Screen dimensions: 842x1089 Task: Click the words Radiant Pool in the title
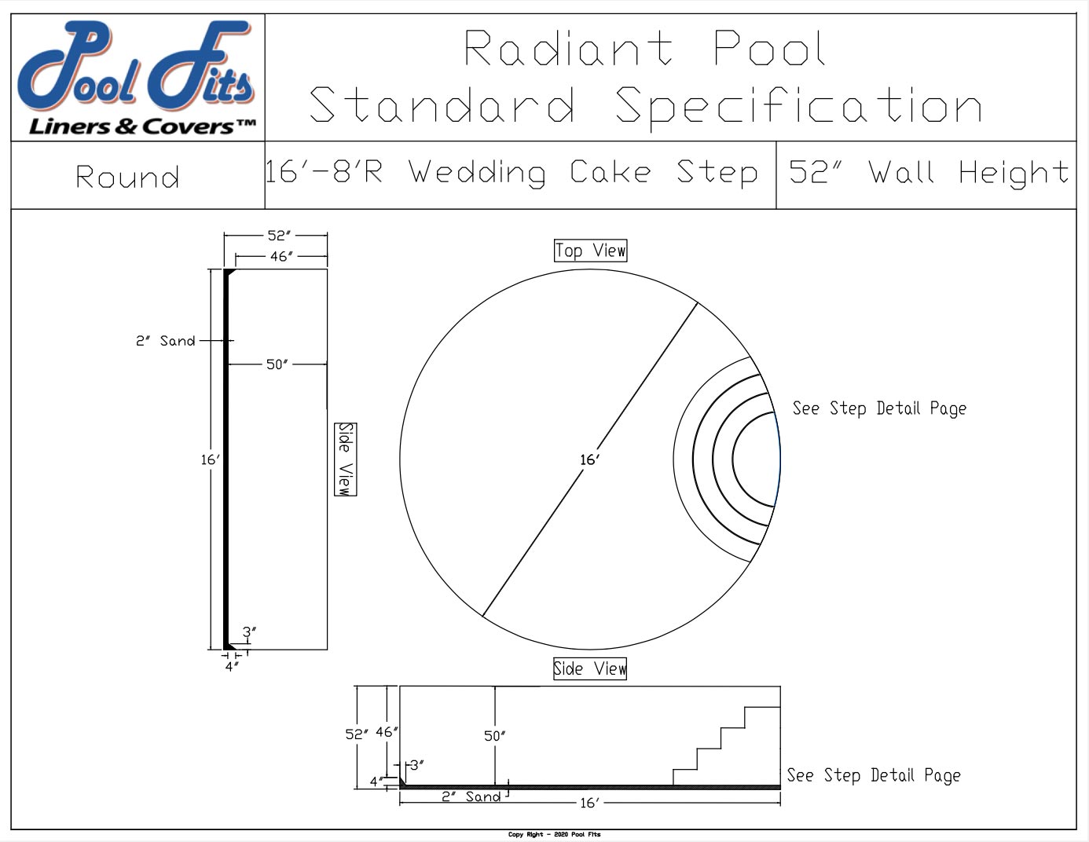point(644,49)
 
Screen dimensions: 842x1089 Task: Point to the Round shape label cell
point(128,177)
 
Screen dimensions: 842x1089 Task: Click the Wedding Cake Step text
point(583,173)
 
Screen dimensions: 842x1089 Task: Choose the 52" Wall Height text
point(928,173)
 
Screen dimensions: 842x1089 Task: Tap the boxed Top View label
point(590,251)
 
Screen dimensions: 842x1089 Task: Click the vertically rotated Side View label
point(345,459)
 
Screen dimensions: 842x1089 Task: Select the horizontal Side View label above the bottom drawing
point(589,668)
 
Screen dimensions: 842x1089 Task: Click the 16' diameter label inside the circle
point(589,459)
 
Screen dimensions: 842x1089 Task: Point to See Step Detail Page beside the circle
point(878,408)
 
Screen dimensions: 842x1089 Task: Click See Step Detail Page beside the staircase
point(873,775)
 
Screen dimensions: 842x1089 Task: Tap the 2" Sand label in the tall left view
point(165,341)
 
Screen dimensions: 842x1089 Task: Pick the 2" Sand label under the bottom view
point(471,796)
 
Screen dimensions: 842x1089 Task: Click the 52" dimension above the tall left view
point(279,235)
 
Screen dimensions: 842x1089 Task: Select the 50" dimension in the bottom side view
point(494,736)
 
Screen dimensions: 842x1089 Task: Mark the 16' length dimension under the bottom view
point(588,803)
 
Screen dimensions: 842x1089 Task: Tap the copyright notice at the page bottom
point(554,834)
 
